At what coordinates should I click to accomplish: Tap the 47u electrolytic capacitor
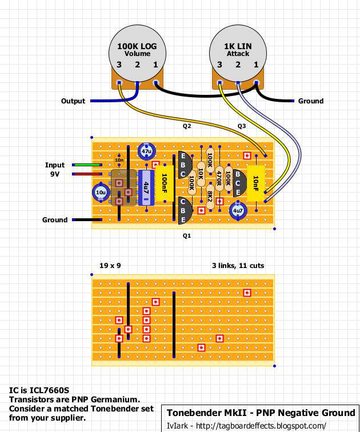(146, 151)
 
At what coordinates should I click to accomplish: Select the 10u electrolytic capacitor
(101, 193)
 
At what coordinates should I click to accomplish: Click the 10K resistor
(201, 174)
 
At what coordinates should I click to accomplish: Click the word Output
(73, 101)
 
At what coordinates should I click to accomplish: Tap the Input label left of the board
(55, 165)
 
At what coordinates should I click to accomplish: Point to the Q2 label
(187, 125)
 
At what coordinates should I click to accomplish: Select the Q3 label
(242, 125)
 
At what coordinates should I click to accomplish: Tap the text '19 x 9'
(110, 265)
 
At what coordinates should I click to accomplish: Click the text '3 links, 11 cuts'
(238, 265)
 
